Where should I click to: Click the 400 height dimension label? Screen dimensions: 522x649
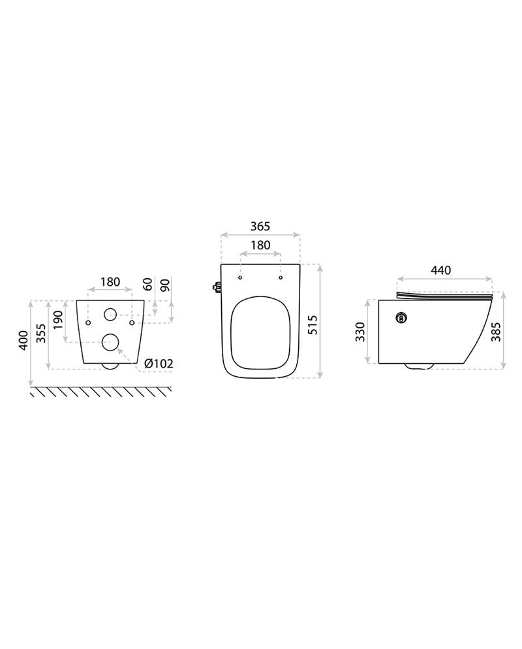click(x=24, y=340)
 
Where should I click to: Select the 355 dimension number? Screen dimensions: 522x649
click(x=40, y=333)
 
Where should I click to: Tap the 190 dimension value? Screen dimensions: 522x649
click(x=57, y=321)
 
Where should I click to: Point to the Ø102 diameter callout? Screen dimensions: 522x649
click(x=159, y=364)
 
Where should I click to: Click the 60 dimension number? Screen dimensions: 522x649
click(x=148, y=285)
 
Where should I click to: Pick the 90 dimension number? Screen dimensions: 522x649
click(x=164, y=285)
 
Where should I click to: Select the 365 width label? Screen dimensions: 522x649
click(x=260, y=227)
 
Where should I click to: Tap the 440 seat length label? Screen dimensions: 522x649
click(x=441, y=270)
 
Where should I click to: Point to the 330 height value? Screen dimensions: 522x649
click(x=360, y=332)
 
